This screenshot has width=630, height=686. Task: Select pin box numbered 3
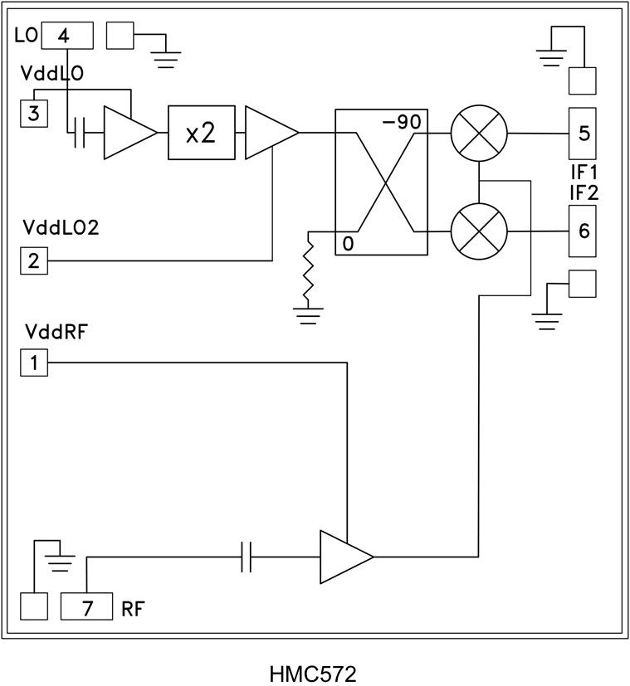click(x=33, y=113)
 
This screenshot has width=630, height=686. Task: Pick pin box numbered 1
click(x=33, y=362)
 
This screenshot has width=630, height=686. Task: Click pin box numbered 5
click(x=584, y=133)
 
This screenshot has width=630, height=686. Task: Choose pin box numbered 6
click(x=584, y=231)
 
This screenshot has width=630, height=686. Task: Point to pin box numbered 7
click(x=87, y=606)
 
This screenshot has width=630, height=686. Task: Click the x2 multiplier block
click(x=201, y=133)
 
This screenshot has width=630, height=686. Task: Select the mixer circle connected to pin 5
click(x=478, y=133)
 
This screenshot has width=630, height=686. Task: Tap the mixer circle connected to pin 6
click(x=478, y=231)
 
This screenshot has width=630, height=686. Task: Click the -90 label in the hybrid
click(x=402, y=122)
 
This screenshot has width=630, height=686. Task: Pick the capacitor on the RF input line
click(x=246, y=557)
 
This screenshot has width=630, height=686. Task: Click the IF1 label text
click(x=584, y=175)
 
